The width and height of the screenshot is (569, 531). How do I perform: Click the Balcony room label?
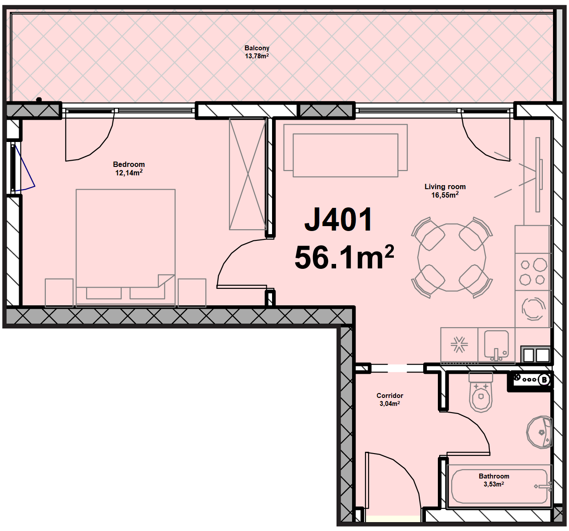click(x=256, y=48)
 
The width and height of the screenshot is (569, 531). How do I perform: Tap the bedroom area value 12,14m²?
click(x=129, y=172)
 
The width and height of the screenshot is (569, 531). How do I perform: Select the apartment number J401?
click(x=338, y=219)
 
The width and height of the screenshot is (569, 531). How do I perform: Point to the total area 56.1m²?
click(x=344, y=257)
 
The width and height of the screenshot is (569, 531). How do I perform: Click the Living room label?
click(x=445, y=186)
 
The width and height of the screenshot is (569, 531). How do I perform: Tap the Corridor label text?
click(x=390, y=395)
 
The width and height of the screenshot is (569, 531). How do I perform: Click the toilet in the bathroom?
click(x=481, y=392)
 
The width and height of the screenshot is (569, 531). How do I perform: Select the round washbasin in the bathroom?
click(x=539, y=432)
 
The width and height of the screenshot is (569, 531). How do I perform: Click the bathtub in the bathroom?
click(x=499, y=486)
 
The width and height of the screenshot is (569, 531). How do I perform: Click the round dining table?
click(x=452, y=257)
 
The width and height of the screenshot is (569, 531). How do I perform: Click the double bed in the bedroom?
click(x=125, y=248)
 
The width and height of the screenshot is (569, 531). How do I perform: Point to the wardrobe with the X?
click(x=248, y=174)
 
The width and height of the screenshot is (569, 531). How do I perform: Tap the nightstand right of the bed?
click(x=192, y=292)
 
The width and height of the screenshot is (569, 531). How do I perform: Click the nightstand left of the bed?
click(x=59, y=292)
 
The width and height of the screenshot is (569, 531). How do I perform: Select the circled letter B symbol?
click(x=544, y=380)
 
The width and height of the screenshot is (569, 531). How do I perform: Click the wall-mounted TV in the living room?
click(x=538, y=174)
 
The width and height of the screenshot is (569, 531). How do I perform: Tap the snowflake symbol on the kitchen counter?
click(x=459, y=344)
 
